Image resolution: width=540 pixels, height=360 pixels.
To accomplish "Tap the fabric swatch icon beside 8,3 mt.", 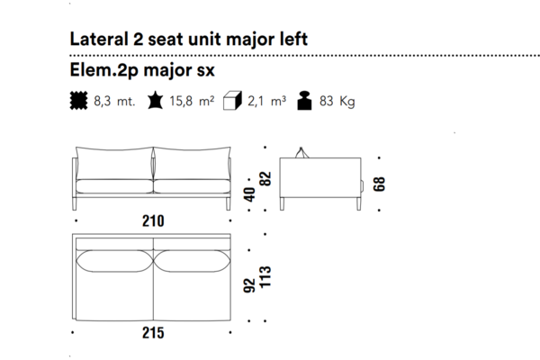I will click(x=79, y=101).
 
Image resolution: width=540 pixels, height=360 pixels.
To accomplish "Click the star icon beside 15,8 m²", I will click(x=155, y=101).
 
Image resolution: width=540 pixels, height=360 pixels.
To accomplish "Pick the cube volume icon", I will click(x=232, y=101).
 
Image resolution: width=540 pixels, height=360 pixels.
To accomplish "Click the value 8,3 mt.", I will click(x=114, y=102).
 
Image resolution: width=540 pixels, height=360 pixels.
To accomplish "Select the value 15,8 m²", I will click(x=192, y=102).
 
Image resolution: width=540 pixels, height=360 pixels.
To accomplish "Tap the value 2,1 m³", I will click(x=265, y=102).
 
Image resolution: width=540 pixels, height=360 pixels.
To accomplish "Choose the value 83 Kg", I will click(x=337, y=102).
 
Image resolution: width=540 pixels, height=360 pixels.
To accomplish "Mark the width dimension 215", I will click(x=153, y=333).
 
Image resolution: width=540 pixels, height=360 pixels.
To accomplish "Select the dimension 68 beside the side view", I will click(x=380, y=184).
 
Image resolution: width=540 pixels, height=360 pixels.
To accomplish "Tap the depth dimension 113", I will click(x=265, y=277).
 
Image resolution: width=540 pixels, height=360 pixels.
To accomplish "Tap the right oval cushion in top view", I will click(x=191, y=259).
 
